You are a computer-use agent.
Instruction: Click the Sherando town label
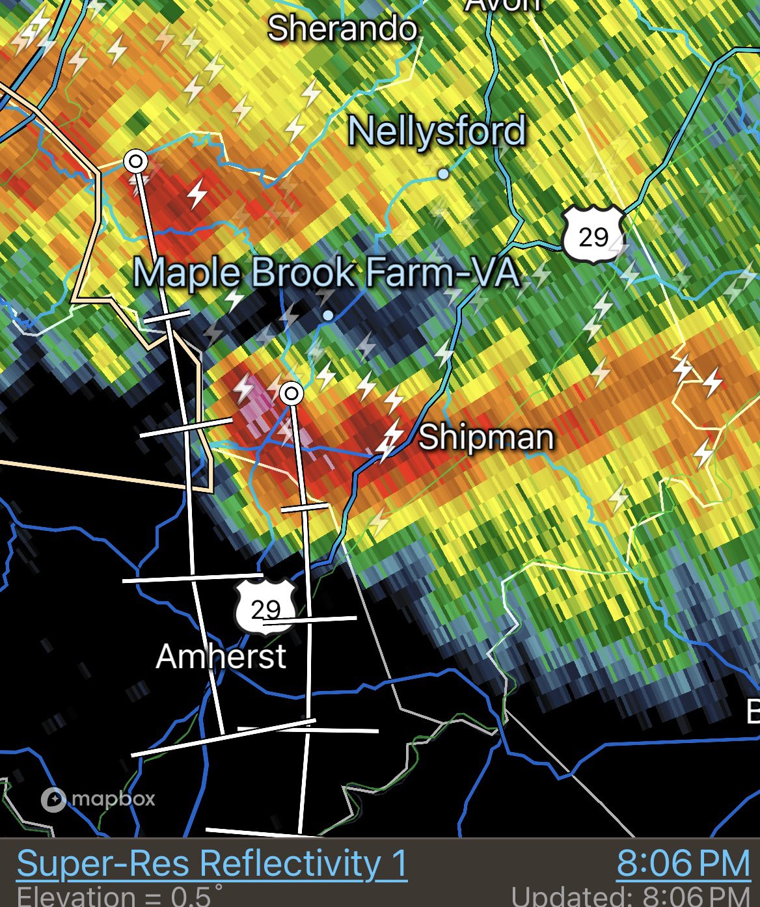click(342, 29)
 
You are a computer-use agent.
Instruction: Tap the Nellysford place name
click(437, 131)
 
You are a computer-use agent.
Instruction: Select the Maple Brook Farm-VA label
click(327, 273)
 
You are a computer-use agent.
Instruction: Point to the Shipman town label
click(486, 437)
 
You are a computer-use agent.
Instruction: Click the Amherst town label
click(221, 656)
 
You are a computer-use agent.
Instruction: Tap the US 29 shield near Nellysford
click(593, 235)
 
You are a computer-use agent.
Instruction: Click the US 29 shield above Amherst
click(265, 608)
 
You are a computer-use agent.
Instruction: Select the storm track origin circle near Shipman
click(292, 393)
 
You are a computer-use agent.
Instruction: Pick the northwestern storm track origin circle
click(136, 160)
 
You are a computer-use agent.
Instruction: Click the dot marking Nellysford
click(444, 174)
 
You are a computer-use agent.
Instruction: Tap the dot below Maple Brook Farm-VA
click(329, 316)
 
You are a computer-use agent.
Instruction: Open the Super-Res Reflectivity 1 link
click(212, 863)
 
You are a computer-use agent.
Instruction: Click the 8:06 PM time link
click(683, 864)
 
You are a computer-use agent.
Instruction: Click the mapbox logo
click(98, 799)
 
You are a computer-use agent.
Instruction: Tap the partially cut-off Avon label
click(503, 5)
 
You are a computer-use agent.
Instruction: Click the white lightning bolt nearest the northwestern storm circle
click(197, 194)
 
